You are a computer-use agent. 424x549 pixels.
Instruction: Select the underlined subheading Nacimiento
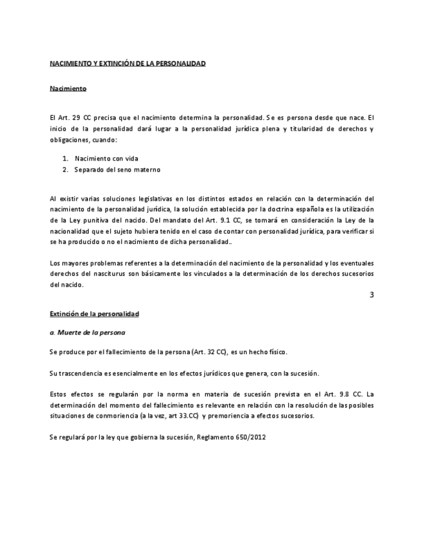coord(68,88)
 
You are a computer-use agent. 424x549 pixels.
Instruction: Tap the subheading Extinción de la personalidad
coord(95,313)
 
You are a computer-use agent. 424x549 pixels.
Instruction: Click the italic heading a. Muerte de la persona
coord(87,332)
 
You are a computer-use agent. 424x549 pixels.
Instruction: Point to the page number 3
coord(372,295)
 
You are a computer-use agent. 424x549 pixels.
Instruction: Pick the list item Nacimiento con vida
coord(106,158)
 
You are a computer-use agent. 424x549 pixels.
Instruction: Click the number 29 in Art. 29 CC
coord(86,118)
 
